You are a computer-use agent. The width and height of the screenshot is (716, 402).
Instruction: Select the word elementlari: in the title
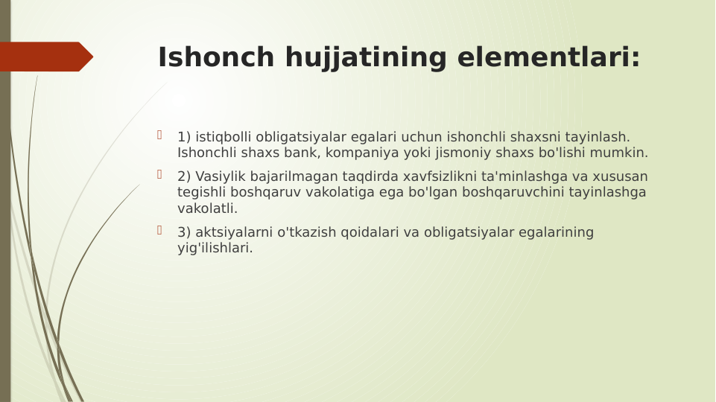(x=548, y=57)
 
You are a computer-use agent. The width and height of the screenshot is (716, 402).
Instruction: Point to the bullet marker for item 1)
(x=159, y=135)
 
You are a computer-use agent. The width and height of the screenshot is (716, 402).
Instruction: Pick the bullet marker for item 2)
(x=159, y=174)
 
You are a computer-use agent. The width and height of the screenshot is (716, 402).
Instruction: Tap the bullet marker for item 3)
(x=159, y=230)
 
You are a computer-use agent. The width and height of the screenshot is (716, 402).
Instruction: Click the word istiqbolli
(x=224, y=137)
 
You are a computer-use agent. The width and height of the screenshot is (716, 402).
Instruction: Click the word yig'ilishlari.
(x=214, y=248)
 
